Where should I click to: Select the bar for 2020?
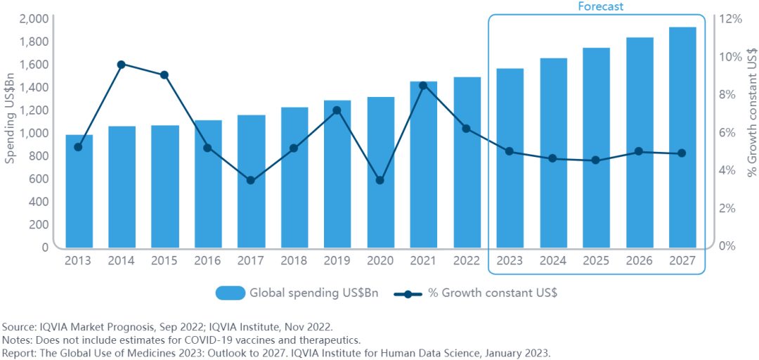point(380,211)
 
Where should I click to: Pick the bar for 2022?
point(467,197)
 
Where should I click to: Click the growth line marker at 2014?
point(122,65)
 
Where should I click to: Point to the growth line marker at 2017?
point(251,181)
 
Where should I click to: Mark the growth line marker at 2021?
point(423,86)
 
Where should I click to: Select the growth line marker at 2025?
point(596,160)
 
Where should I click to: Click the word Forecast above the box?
point(601,6)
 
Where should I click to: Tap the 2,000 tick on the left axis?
point(34,18)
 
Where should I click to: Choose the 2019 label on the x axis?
point(337,260)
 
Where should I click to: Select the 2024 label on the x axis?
point(553,260)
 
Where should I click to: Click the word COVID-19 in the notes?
point(231,340)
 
